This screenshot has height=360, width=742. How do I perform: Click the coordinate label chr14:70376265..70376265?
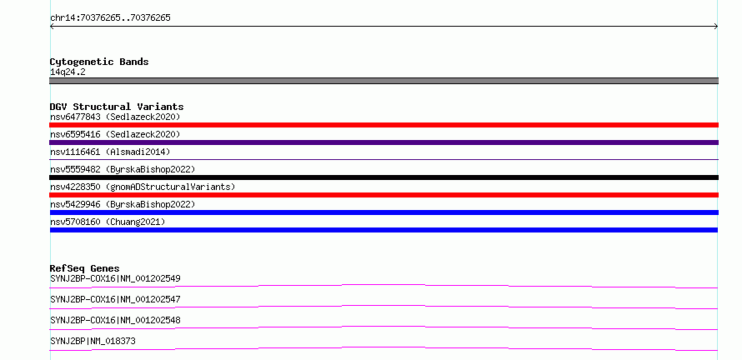pos(110,18)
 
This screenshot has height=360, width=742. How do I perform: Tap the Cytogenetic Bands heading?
pos(99,62)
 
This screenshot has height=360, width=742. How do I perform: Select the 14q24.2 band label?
pos(68,72)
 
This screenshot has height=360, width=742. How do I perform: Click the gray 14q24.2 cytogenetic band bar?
pos(384,81)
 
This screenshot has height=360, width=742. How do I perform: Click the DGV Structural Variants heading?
pos(117,107)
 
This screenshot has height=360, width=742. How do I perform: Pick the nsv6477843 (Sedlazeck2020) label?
pos(115,117)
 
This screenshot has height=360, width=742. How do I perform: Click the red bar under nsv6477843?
pos(384,125)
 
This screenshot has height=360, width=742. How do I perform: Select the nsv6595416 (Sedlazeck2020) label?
pos(115,134)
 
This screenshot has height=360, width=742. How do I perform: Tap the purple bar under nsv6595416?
pos(384,142)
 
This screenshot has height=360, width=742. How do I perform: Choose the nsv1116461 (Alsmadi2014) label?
pos(110,152)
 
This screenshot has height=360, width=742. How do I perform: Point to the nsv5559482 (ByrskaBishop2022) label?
pos(123,169)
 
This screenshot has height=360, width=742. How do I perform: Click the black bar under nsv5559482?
pos(384,177)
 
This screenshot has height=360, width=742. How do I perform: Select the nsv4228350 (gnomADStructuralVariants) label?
pos(143,187)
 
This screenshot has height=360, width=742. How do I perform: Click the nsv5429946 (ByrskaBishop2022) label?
pos(123,204)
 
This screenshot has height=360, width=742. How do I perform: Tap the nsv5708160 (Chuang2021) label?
pos(108,222)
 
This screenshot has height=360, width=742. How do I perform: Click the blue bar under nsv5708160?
pos(384,230)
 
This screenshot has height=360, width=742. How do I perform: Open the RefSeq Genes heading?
pos(85,268)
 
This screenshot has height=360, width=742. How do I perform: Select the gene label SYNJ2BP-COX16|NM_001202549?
pos(115,278)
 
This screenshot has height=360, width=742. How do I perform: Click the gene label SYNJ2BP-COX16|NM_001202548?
pos(115,320)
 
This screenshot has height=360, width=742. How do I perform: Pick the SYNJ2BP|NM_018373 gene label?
pos(93,341)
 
